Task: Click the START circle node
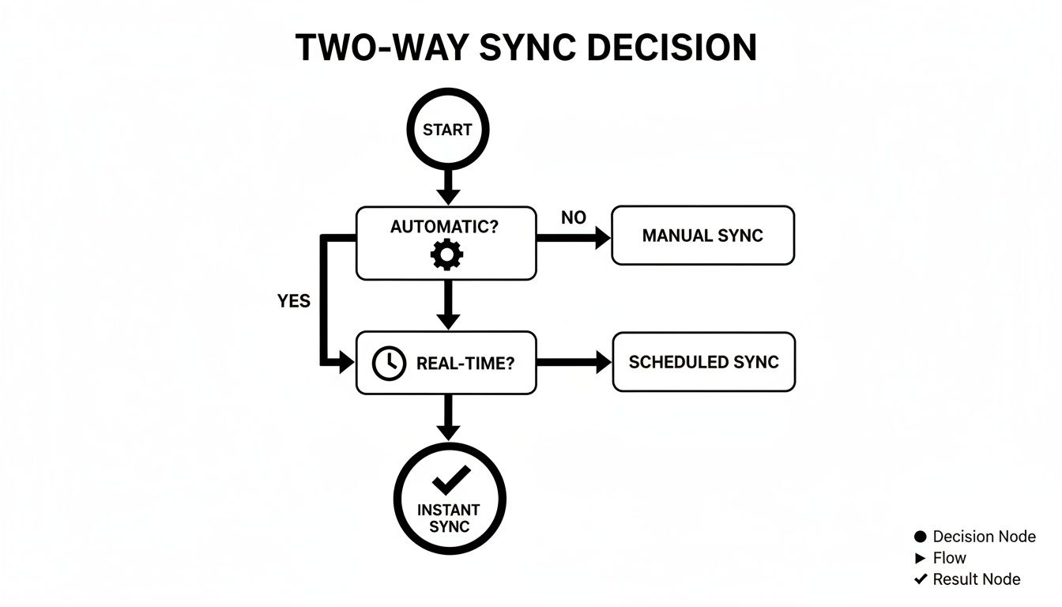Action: tap(447, 130)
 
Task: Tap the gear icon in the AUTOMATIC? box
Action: tap(446, 254)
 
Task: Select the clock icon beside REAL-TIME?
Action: tap(388, 363)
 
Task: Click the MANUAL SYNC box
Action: tap(702, 236)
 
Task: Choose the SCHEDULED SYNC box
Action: tap(703, 362)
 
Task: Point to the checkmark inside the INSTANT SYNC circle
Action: tap(450, 479)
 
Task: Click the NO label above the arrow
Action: tap(573, 217)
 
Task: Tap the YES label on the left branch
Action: tap(293, 301)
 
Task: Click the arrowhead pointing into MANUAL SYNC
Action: tap(603, 236)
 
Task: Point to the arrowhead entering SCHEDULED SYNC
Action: tap(603, 363)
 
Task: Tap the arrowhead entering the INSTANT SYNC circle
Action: tap(448, 432)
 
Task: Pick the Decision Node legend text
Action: tap(984, 537)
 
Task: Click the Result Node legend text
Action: tap(976, 579)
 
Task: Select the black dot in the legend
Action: tap(920, 537)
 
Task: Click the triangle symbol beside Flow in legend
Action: tap(920, 558)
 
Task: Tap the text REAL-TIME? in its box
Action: tap(465, 364)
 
